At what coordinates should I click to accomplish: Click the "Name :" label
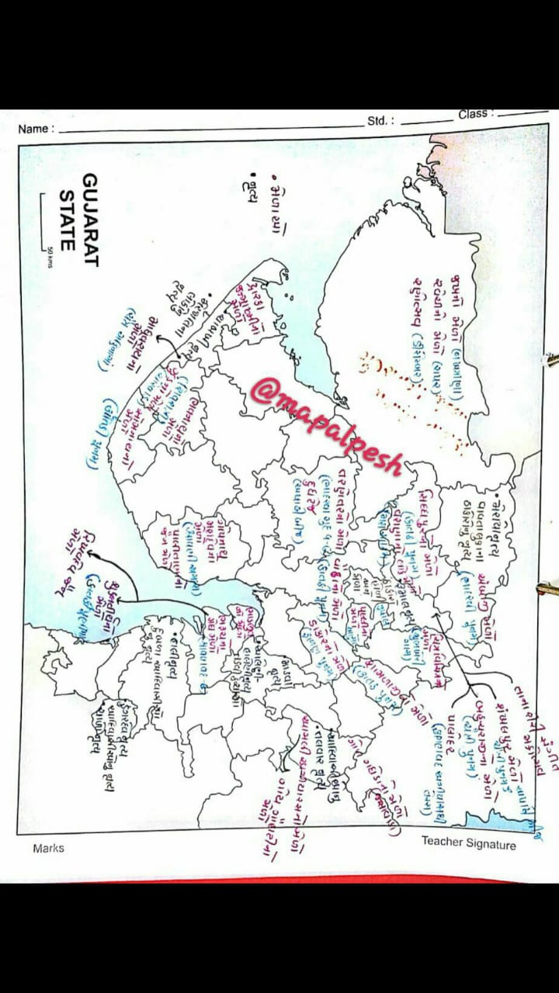[x=36, y=130]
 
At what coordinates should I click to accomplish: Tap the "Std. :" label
[x=380, y=122]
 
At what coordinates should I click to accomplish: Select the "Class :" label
[x=473, y=114]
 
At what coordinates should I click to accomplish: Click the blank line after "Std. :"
[x=426, y=120]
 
